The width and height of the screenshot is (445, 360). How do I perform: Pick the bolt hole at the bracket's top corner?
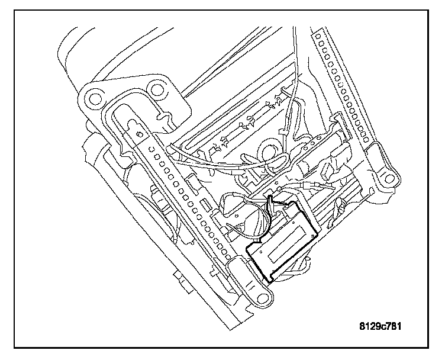pos(156,90)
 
